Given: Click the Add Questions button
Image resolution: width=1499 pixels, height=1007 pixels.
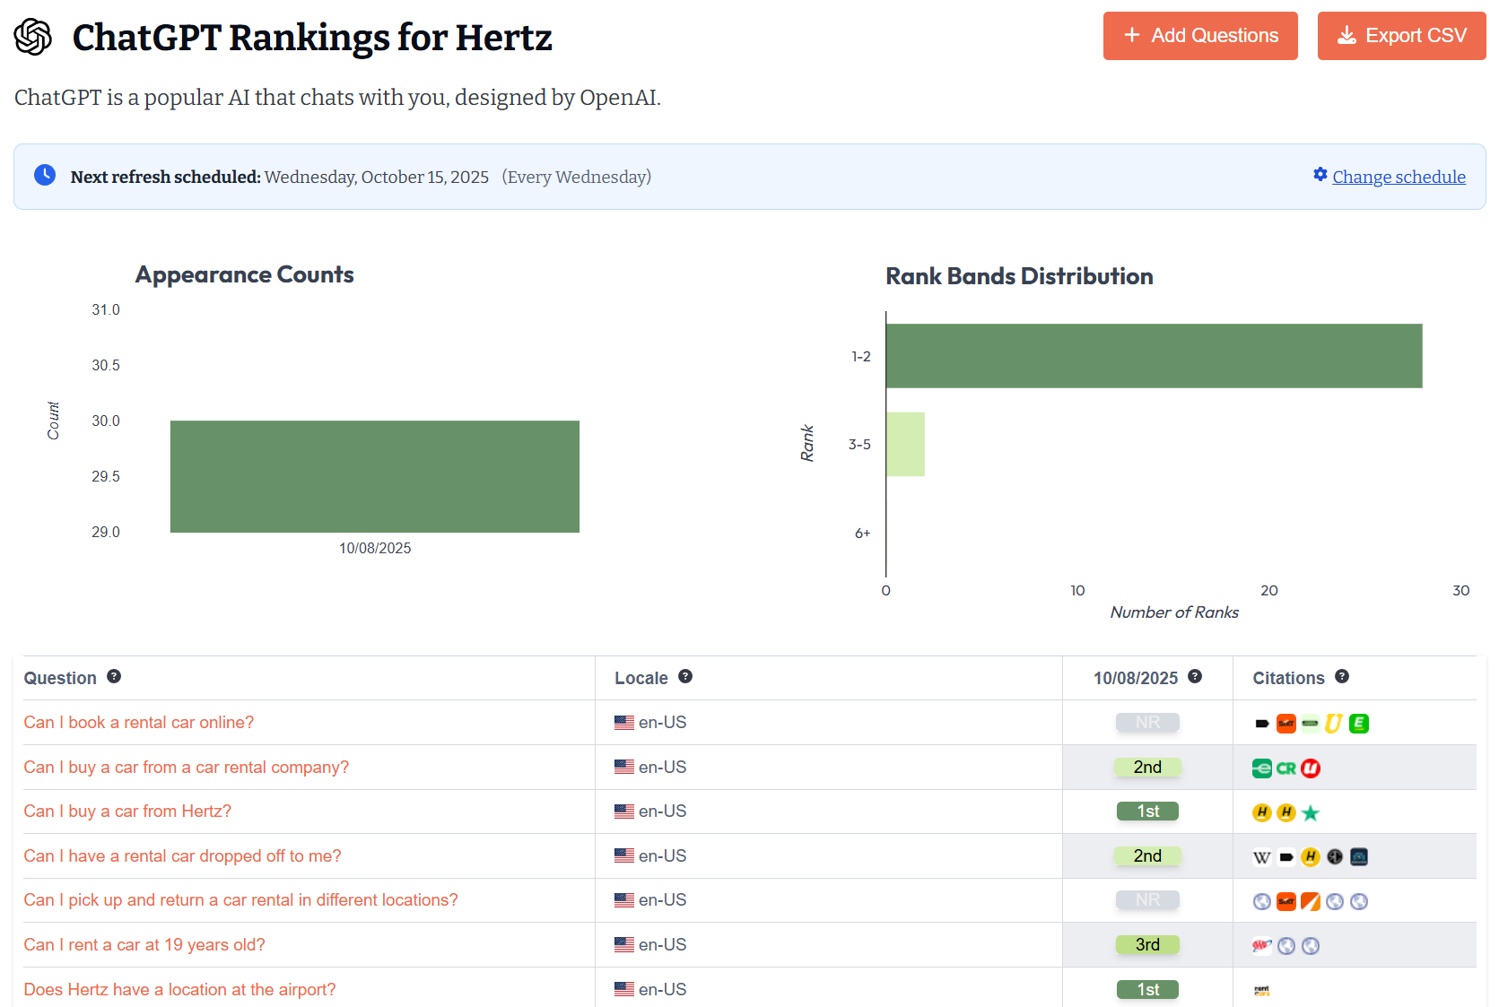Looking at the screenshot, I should coord(1199,36).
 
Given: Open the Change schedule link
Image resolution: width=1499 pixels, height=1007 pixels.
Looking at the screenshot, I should coord(1399,177).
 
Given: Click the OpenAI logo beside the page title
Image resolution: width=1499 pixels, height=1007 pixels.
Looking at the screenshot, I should coord(33,38).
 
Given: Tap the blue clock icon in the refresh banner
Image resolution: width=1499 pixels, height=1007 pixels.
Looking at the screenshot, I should coord(45,175).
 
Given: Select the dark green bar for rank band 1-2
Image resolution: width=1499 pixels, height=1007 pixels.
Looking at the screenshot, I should coord(1153,356).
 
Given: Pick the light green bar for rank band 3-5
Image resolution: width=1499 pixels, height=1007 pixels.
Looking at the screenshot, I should coord(904,444).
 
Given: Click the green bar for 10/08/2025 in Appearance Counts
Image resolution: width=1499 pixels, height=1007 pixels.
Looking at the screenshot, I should coord(374,476).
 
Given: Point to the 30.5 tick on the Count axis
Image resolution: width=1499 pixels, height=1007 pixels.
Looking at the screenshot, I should coord(105,365).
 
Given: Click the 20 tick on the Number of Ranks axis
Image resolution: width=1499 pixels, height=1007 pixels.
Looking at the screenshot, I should coord(1268,590).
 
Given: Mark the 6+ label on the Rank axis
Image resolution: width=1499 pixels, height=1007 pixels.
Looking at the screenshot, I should coord(862,533).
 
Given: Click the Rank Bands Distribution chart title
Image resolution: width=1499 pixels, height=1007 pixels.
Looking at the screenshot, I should coord(1019,276).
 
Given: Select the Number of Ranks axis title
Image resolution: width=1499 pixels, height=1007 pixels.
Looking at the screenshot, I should coord(1173,612).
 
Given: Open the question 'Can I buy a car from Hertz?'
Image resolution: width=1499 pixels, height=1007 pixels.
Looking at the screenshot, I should coord(127,812).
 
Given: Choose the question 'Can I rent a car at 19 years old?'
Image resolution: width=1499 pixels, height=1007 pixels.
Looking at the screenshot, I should coord(144,945).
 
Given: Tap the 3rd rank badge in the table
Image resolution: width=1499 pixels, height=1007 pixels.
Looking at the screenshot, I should coord(1147,945).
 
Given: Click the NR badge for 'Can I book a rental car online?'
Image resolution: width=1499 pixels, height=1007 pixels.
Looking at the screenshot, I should coord(1147,723).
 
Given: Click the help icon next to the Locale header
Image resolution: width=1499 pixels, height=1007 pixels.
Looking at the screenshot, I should coord(685,677).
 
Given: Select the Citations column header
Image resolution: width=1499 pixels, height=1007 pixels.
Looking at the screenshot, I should coord(1288,678).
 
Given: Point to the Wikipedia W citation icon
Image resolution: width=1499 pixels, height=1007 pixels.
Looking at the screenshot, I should coord(1261,857).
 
